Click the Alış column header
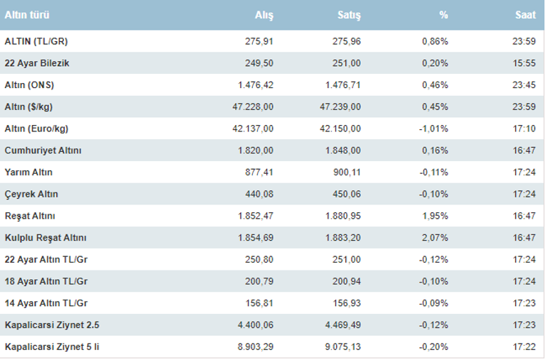pos(264,15)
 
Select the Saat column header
pos(526,15)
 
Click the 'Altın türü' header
pos(28,15)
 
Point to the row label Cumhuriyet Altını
pos(43,151)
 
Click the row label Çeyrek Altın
pos(31,195)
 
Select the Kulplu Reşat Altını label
pos(45,238)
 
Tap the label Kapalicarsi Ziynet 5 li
pos(52,347)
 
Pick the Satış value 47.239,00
pos(341,107)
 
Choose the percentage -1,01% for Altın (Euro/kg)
pos(434,129)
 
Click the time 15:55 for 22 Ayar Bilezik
pos(525,63)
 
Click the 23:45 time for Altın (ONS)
pos(525,85)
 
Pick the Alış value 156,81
pos(259,303)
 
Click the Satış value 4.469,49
pos(343,325)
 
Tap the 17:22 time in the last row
pos(525,347)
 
